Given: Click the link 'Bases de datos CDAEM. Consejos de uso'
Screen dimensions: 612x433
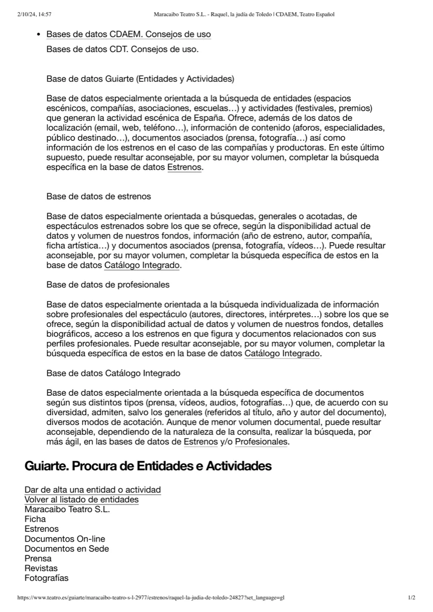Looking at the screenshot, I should tap(128, 35).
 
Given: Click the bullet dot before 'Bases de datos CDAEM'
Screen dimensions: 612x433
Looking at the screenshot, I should tap(39, 35).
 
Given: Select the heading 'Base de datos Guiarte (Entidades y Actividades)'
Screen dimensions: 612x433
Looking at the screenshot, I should tap(140, 79).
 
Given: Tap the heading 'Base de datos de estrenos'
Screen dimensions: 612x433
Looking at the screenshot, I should tap(99, 196).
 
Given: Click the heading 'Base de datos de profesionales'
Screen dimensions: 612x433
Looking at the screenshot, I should tap(108, 285).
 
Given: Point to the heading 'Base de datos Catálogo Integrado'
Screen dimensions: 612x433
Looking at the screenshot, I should tap(113, 373).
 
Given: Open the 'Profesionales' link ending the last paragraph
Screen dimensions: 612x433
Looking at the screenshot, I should tap(261, 442).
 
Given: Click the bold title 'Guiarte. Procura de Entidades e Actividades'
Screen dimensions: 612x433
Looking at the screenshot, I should tap(148, 466).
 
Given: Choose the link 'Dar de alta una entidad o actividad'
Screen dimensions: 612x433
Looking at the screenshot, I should tap(92, 490).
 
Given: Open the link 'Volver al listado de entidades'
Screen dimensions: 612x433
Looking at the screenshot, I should tap(81, 500).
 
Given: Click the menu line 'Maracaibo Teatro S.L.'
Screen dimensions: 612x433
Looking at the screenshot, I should tap(67, 509).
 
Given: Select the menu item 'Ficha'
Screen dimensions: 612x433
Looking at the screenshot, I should tap(35, 519).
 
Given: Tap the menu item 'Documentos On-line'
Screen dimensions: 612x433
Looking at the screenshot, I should tap(65, 539).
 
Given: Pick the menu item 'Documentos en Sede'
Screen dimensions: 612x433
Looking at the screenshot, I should tap(66, 549).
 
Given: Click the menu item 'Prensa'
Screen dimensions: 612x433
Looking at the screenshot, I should tap(38, 558).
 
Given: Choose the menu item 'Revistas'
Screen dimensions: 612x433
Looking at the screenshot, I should tap(41, 568).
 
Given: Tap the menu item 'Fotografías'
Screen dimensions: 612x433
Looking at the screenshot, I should tap(46, 578).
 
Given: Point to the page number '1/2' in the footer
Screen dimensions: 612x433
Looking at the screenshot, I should tap(412, 598).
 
